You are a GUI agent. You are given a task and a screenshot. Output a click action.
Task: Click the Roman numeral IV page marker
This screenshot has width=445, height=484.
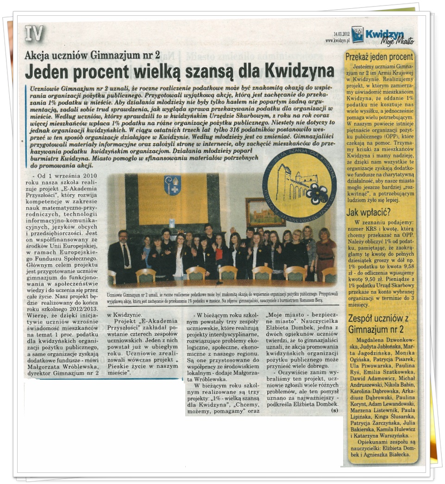tap(34, 33)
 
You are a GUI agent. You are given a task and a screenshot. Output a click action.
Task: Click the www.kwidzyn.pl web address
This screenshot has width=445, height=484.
tap(337, 40)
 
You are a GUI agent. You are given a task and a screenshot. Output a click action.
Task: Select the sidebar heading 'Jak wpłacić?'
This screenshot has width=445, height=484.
tap(367, 214)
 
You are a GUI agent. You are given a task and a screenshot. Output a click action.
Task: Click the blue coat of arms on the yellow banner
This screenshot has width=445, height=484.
tap(172, 185)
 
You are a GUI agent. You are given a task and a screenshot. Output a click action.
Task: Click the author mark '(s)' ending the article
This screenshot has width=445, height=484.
tap(334, 410)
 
